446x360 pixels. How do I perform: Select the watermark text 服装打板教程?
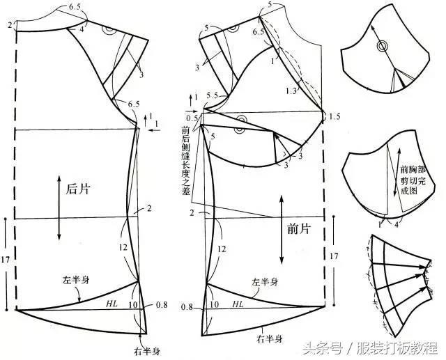[x=398, y=346]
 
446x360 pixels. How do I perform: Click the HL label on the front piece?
[x=238, y=304]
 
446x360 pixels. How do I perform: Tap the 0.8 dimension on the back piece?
[x=162, y=304]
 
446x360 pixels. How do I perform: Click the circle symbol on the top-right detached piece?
[x=381, y=47]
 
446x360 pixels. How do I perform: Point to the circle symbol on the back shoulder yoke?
[x=109, y=31]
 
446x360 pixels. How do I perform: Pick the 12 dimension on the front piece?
[x=222, y=248]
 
